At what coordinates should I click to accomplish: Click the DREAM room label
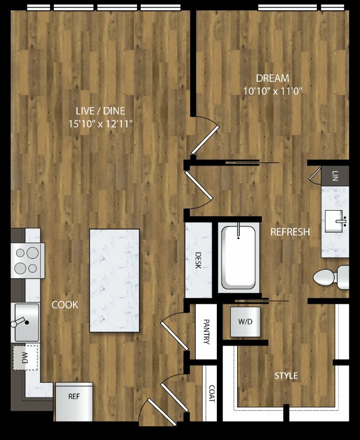272,78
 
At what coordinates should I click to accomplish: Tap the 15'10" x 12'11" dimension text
101,123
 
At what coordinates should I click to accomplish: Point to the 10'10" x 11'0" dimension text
272,91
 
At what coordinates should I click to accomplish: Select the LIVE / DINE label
101,111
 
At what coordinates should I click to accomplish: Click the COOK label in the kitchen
65,304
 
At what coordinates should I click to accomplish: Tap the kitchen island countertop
114,281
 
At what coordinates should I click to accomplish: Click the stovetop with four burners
27,261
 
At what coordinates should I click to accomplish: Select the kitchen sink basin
27,322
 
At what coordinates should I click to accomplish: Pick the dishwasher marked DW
25,357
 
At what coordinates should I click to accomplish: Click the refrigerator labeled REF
74,402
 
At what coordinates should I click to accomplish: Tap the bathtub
239,258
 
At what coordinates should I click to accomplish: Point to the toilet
331,278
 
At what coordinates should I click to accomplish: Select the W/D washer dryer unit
245,322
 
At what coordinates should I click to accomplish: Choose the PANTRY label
206,332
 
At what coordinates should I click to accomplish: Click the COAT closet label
212,393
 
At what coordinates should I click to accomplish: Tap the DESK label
198,260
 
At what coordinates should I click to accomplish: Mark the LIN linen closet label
335,176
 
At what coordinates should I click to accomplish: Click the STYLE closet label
286,376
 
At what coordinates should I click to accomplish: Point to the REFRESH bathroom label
290,232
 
